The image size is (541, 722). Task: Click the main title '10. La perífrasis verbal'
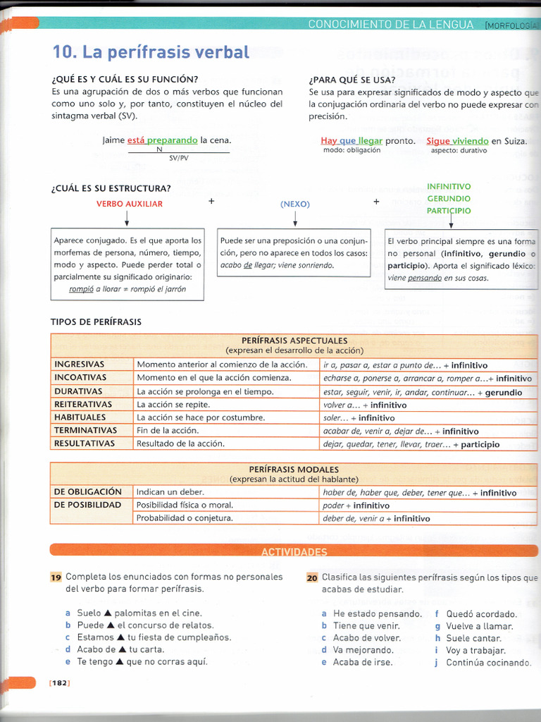(x=151, y=52)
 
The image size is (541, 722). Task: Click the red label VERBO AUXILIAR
(x=129, y=204)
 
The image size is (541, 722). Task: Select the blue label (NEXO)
(x=294, y=204)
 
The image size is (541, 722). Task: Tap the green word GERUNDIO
(x=449, y=199)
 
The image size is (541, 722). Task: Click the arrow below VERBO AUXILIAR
(x=127, y=218)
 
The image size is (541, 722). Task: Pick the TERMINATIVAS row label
(x=85, y=431)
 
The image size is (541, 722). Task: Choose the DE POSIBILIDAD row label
(x=87, y=505)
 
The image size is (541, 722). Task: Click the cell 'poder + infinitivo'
(x=356, y=506)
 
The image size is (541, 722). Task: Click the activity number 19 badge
(x=56, y=577)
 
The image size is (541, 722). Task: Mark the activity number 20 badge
(x=313, y=577)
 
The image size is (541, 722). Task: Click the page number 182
(x=59, y=683)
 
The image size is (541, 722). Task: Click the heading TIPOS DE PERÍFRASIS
(x=96, y=322)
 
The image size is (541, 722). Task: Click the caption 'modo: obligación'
(x=352, y=150)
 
